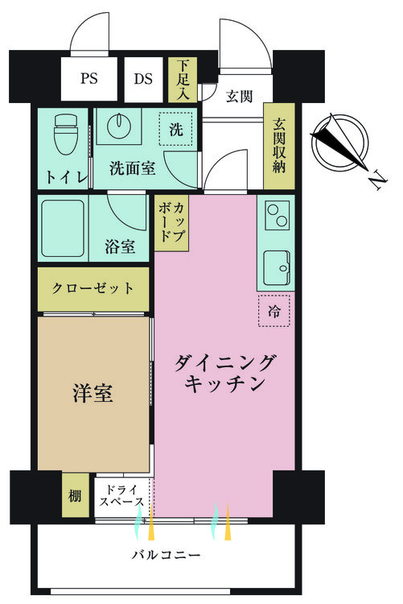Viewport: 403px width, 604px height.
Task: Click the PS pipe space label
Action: pos(89,79)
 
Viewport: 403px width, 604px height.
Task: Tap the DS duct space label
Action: pos(143,79)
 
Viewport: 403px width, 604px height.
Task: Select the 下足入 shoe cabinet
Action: pos(183,80)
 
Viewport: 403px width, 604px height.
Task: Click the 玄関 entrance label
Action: pos(239,96)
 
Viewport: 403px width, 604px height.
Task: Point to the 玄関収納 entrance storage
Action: pos(279,146)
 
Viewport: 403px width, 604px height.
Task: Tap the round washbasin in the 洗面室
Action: pos(120,126)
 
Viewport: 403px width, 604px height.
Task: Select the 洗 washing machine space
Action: pos(176,129)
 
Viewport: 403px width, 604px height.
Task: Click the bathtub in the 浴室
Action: pos(63,228)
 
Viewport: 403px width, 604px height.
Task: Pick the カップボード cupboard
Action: pos(171,223)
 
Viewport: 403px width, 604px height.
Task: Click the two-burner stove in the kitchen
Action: pos(278,216)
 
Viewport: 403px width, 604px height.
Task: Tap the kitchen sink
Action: pos(277,268)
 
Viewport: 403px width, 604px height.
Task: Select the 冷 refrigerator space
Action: pos(274,311)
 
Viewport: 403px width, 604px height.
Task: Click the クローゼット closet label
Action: pos(93,288)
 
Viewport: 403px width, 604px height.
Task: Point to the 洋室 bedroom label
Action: pos(93,393)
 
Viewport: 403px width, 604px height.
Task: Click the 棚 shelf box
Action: pos(76,494)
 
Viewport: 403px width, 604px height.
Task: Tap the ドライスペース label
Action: pos(121,496)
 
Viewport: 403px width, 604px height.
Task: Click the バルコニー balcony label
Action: pos(167,555)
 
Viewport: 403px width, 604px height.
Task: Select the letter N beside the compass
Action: pos(376,180)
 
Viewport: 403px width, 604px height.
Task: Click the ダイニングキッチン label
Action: pos(224,373)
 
